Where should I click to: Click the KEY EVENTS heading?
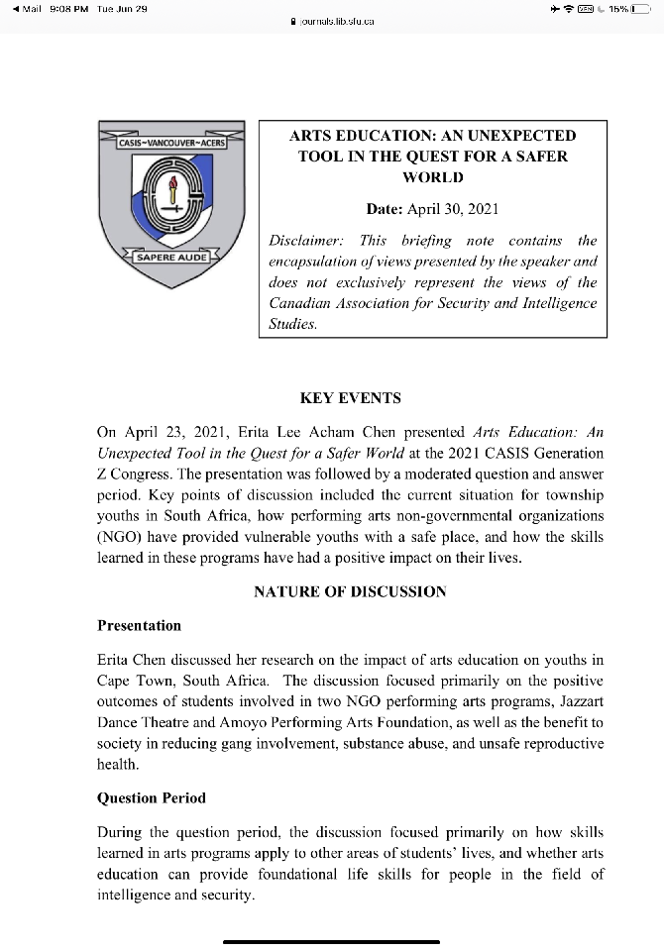(x=350, y=397)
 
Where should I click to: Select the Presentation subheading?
(x=139, y=625)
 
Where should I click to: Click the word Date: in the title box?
(x=383, y=208)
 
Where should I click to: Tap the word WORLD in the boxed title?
(x=432, y=177)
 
